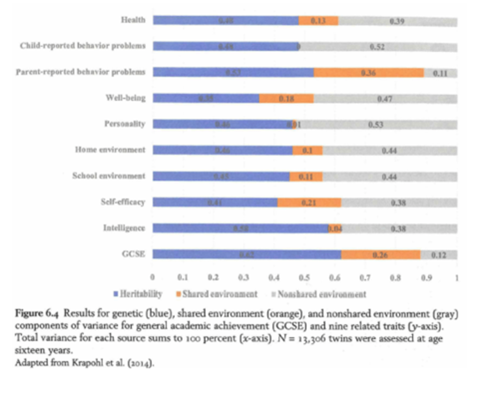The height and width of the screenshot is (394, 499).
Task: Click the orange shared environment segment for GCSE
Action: click(x=380, y=255)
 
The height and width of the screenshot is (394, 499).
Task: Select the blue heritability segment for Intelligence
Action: click(x=240, y=228)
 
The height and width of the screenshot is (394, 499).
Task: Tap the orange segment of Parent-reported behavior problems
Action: click(x=368, y=72)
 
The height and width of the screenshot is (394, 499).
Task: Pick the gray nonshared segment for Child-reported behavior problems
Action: click(x=378, y=47)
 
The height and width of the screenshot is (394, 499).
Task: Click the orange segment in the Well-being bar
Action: click(x=286, y=98)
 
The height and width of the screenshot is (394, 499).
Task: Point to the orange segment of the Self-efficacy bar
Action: click(x=309, y=202)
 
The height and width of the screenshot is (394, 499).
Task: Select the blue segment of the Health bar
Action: click(x=226, y=20)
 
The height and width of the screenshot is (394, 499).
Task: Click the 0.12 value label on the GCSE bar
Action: click(x=438, y=255)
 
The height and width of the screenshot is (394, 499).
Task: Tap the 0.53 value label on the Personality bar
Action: click(x=376, y=124)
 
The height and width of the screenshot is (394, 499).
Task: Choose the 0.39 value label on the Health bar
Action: click(x=397, y=21)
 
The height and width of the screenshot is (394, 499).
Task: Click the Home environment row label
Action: click(x=110, y=150)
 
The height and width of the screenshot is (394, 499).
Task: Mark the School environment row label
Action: click(x=108, y=176)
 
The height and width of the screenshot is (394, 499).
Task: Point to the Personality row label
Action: click(x=124, y=124)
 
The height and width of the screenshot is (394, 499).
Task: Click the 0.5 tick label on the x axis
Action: click(x=304, y=278)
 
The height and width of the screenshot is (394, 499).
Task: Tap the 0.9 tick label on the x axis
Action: click(x=426, y=278)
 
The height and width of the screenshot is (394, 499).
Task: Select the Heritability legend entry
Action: click(x=138, y=294)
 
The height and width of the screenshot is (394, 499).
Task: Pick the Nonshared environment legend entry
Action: click(x=319, y=294)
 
